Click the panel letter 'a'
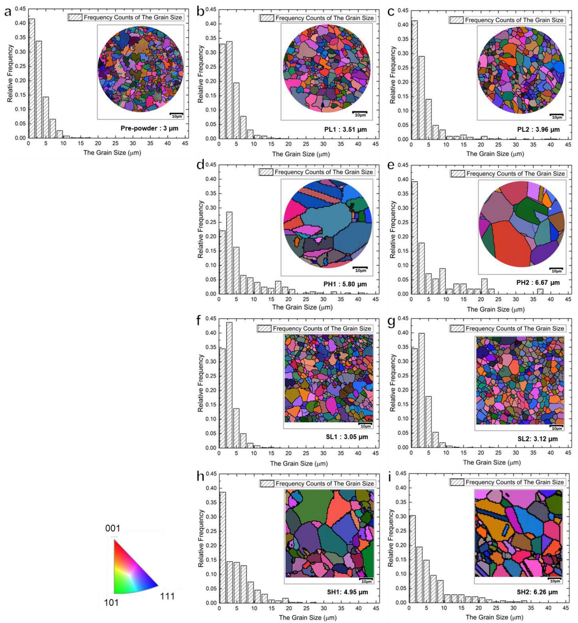click(x=8, y=12)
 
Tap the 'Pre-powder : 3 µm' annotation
click(x=149, y=128)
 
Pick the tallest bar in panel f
click(x=229, y=385)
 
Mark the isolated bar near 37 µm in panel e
click(x=540, y=291)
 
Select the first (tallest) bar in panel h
click(x=223, y=547)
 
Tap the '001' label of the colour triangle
click(x=113, y=528)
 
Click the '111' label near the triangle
click(x=167, y=596)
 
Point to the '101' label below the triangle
click(x=111, y=602)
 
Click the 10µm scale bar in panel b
click(x=360, y=114)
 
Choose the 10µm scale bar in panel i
click(x=555, y=580)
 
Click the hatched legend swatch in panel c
click(x=457, y=20)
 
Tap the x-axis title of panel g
click(x=492, y=462)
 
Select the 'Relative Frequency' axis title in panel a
click(x=10, y=73)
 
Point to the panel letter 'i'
click(x=390, y=477)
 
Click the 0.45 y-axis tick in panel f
click(x=211, y=319)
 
